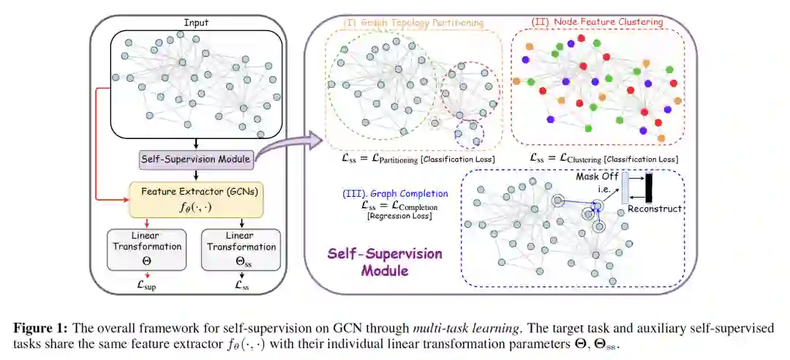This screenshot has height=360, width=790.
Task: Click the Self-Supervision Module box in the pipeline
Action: tap(195, 158)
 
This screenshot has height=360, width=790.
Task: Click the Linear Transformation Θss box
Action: tap(240, 249)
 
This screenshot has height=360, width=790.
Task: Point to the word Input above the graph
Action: tap(195, 23)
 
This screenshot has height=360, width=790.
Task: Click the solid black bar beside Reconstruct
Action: tap(648, 187)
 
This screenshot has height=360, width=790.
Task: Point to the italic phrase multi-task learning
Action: tap(448, 328)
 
